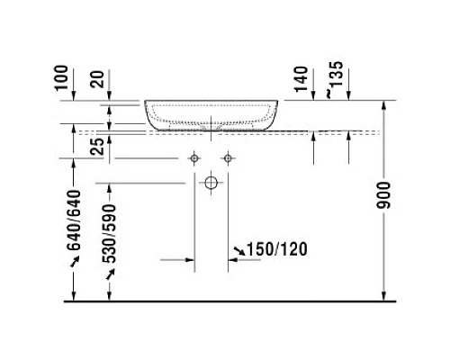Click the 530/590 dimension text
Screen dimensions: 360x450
point(110,235)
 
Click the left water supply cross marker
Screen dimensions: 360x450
point(193,159)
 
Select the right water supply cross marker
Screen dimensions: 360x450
point(229,159)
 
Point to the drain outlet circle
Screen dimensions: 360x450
point(211,184)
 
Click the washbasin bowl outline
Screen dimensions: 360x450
point(211,115)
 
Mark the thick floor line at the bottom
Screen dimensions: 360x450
point(225,303)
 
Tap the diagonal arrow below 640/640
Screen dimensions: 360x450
point(75,261)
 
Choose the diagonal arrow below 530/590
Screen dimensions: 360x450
point(110,274)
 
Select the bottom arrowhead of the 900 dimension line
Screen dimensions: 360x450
point(385,298)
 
